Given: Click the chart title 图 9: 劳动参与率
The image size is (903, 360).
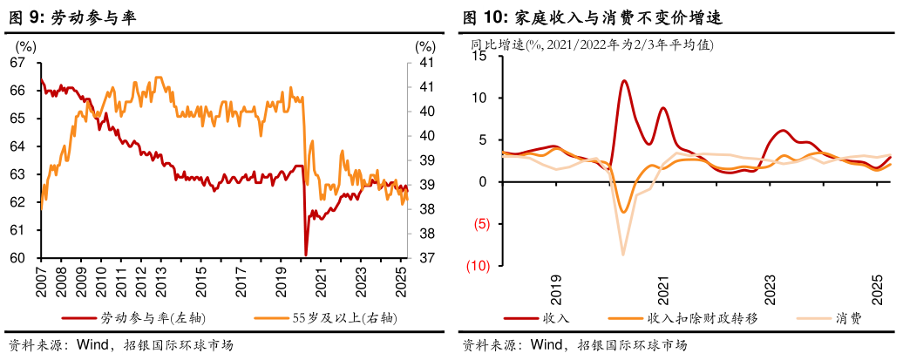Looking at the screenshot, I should [x=71, y=17].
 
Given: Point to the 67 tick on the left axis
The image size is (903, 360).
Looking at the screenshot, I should [x=17, y=63].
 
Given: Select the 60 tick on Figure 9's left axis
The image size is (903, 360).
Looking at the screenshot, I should [x=17, y=258].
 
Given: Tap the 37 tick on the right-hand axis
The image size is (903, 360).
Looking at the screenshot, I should [x=424, y=258].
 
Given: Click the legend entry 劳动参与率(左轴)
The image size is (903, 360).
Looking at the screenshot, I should [x=153, y=317].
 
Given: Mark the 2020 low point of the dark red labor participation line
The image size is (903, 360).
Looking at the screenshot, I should [x=306, y=254].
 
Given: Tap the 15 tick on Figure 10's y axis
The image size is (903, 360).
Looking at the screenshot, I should [x=478, y=56].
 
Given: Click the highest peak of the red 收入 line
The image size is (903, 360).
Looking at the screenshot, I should [x=624, y=81].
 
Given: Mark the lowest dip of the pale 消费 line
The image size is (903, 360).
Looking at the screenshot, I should [x=623, y=254].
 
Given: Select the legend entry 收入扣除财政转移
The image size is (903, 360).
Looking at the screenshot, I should [x=702, y=317].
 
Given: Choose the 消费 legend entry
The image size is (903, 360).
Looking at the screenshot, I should [x=848, y=317].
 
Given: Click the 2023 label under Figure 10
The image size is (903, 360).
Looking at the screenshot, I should [x=771, y=289].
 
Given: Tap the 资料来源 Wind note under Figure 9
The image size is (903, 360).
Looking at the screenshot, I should [x=64, y=344].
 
